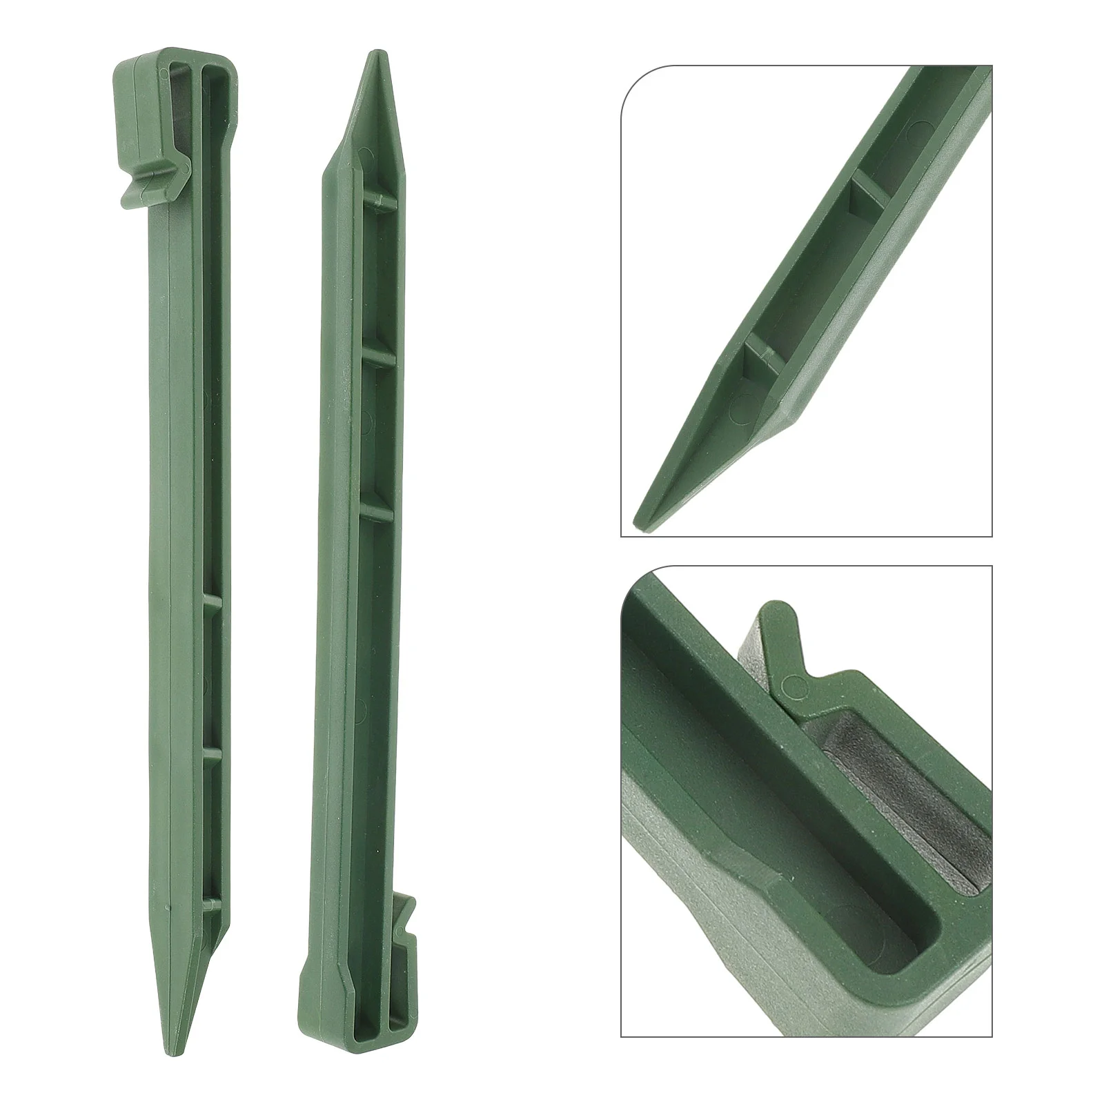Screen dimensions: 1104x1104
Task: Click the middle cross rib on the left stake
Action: pos(213,749)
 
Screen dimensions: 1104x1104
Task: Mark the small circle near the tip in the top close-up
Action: pos(738,413)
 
